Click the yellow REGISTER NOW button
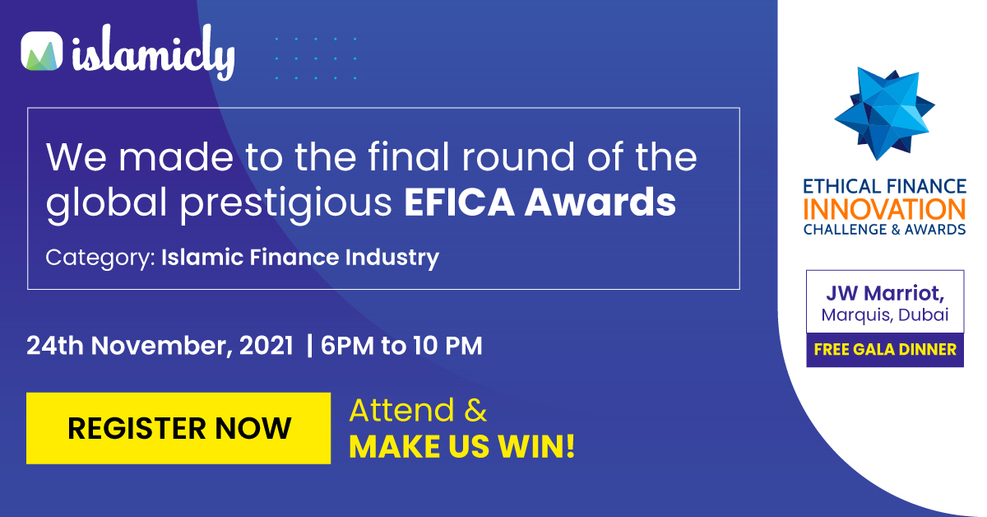point(178,428)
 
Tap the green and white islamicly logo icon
point(42,51)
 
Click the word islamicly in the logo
point(153,52)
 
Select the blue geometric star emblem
point(884,114)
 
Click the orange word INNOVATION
point(885,210)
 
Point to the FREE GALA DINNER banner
point(885,350)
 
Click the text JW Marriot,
point(885,293)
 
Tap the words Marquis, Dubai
point(885,315)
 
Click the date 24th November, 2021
point(160,346)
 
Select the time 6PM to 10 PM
point(401,346)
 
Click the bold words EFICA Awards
point(540,202)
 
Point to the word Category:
point(100,258)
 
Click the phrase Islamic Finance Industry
point(300,257)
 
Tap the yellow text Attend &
point(418,410)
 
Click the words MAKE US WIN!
point(462,446)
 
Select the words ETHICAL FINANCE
point(885,187)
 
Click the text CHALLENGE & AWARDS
point(885,230)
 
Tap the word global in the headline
point(107,203)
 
